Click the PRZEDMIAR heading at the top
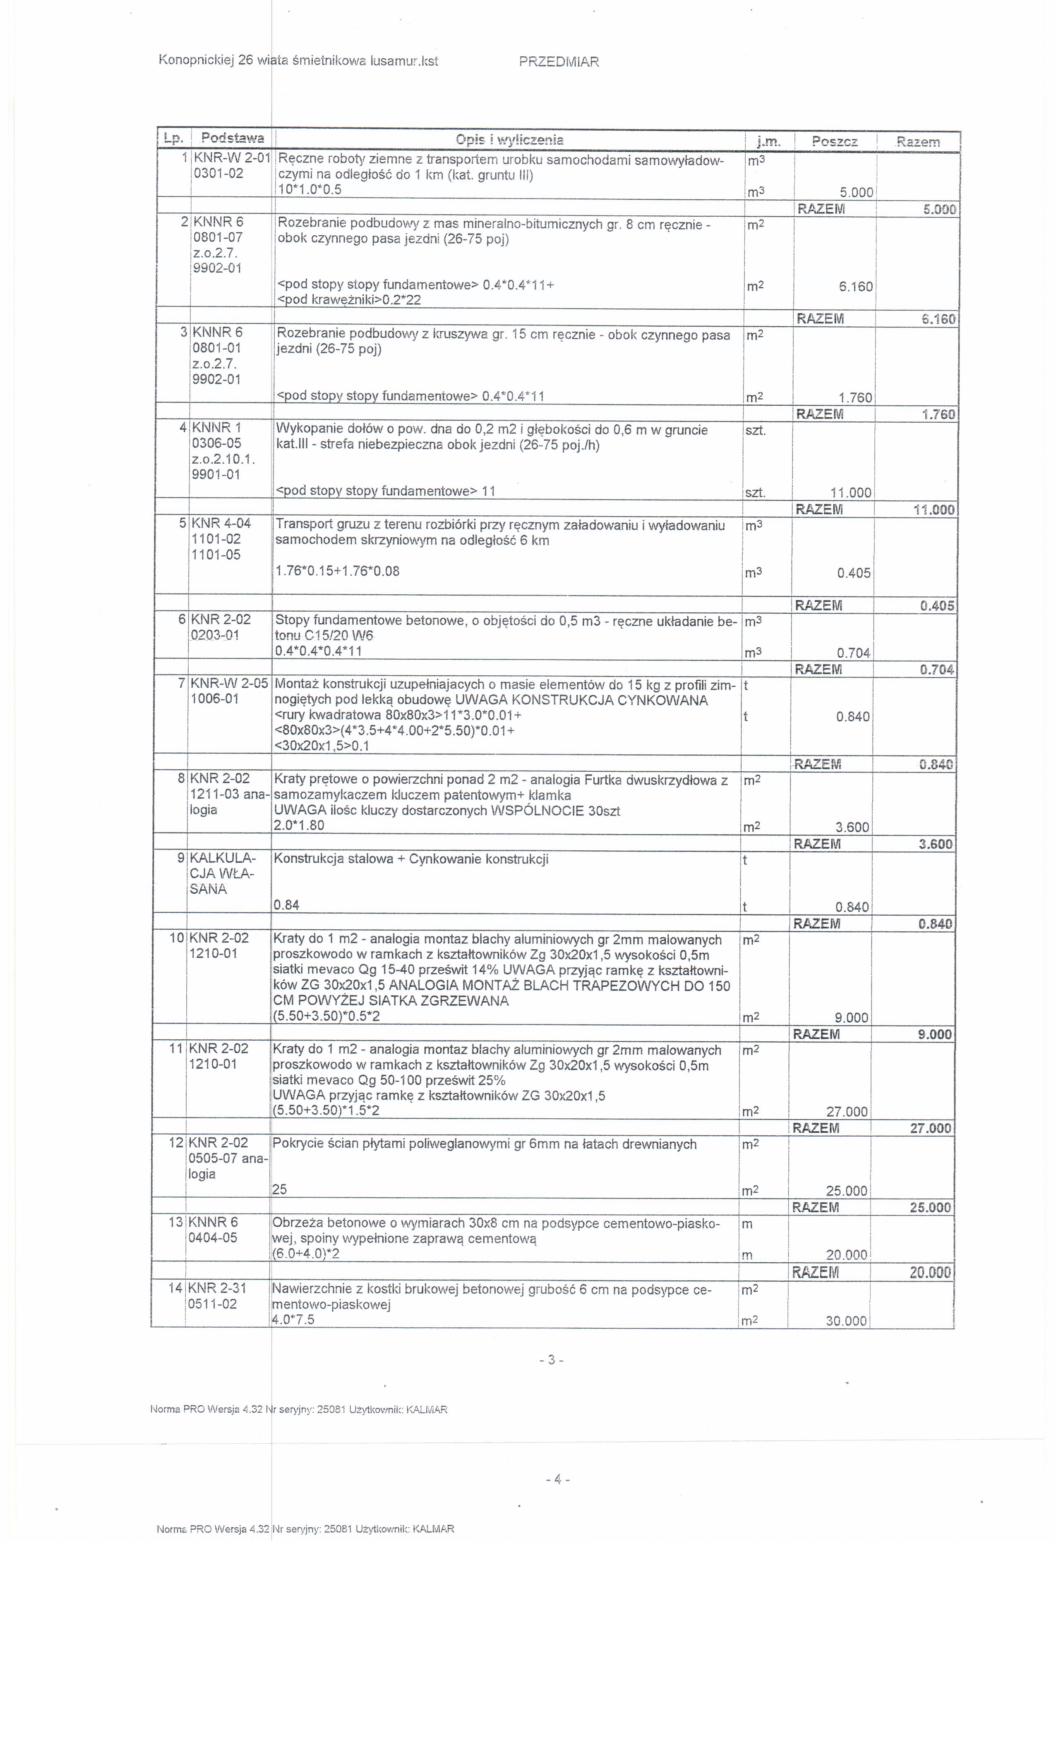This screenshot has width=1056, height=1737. tap(559, 62)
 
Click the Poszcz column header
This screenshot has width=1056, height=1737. tap(835, 142)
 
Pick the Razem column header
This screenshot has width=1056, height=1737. tap(918, 142)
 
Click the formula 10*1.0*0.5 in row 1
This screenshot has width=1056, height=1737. tap(310, 190)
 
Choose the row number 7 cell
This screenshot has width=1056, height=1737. tap(181, 683)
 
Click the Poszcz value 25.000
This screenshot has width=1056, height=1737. tap(847, 1191)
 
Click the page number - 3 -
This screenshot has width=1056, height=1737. tap(550, 1360)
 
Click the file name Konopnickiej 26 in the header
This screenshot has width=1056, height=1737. tap(206, 61)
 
